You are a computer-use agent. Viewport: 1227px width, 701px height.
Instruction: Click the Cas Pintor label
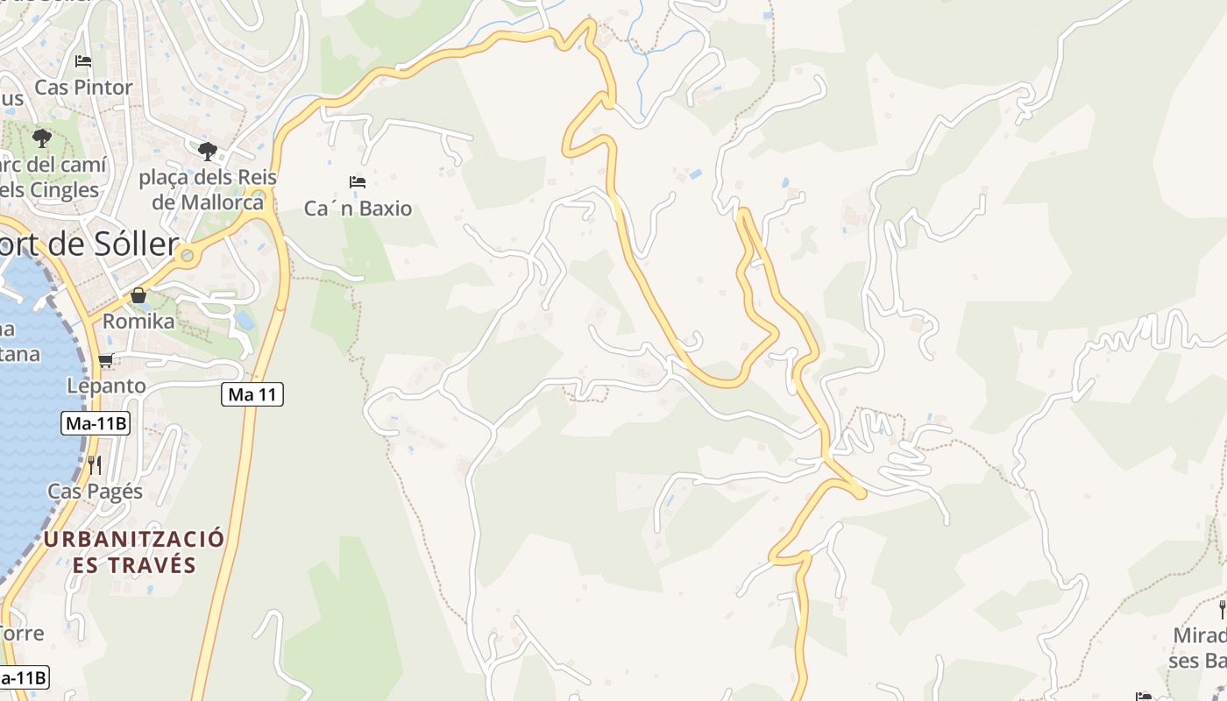click(x=83, y=88)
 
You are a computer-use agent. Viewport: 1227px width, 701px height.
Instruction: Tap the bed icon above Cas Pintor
click(x=83, y=61)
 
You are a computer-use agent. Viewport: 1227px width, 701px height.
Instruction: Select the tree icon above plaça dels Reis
click(x=208, y=151)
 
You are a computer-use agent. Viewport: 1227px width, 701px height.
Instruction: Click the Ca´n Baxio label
click(x=358, y=209)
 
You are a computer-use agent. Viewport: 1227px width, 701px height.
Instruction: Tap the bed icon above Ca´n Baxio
click(x=358, y=182)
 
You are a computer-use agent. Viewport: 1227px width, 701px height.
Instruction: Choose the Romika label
click(x=138, y=322)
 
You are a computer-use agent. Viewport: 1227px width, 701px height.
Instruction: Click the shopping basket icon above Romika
click(x=138, y=295)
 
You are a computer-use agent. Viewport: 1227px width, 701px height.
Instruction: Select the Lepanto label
click(x=106, y=386)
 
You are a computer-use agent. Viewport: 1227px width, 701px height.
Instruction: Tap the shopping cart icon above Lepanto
click(x=106, y=359)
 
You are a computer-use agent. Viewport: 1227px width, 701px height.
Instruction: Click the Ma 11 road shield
click(x=252, y=394)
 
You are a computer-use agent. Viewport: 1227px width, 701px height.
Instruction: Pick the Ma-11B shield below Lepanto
click(x=96, y=424)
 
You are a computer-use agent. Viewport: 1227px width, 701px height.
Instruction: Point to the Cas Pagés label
click(x=96, y=491)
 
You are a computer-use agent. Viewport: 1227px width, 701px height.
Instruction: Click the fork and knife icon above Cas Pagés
click(x=95, y=464)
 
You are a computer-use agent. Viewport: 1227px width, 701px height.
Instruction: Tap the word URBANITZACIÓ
click(x=134, y=538)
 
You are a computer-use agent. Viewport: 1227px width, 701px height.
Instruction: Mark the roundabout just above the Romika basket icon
click(x=186, y=256)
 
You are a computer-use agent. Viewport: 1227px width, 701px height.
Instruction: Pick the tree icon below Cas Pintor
click(x=41, y=138)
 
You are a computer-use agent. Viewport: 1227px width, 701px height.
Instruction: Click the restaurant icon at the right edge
click(x=1222, y=609)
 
